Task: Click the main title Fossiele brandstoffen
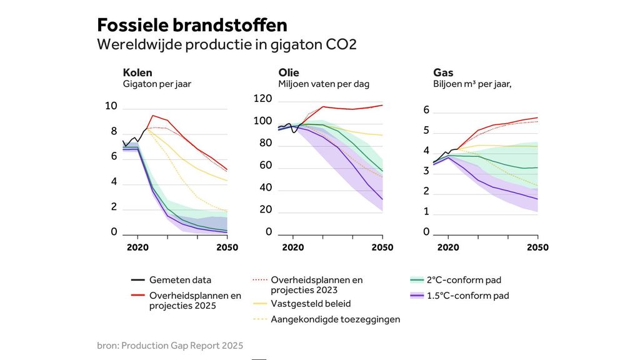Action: [x=192, y=26]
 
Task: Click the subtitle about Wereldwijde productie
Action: [x=226, y=45]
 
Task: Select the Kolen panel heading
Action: [x=137, y=73]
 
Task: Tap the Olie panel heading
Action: [x=289, y=73]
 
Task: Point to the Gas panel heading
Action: [x=443, y=73]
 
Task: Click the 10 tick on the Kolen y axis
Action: [x=111, y=106]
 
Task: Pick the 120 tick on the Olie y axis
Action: [x=262, y=99]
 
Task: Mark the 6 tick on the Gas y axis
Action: [x=426, y=110]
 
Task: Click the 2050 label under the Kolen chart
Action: [x=227, y=247]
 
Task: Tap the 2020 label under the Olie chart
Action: [x=292, y=247]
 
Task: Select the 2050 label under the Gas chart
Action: [x=537, y=247]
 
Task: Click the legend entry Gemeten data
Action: [x=180, y=280]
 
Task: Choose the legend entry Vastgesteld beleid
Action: [x=311, y=304]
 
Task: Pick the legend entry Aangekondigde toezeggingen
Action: [x=336, y=319]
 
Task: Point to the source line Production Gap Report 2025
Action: [x=169, y=345]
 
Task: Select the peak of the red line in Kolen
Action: [x=152, y=116]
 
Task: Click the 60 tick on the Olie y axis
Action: [x=265, y=166]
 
